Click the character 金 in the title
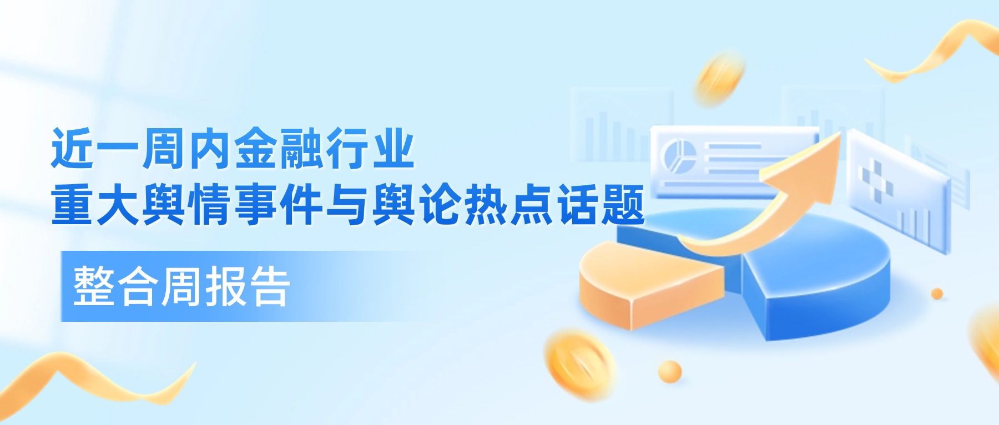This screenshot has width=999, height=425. [256, 148]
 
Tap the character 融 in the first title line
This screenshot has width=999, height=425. [302, 148]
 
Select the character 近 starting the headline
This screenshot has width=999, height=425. [73, 148]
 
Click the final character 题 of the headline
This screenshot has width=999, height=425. [623, 205]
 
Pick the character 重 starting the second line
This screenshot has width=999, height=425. [73, 205]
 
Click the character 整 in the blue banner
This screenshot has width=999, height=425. [94, 286]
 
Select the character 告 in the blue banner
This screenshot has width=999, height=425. [269, 286]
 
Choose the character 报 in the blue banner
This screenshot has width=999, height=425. [225, 286]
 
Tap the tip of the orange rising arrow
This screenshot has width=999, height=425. [839, 133]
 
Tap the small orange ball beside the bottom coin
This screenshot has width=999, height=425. [670, 371]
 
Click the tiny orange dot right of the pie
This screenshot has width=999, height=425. [937, 294]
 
